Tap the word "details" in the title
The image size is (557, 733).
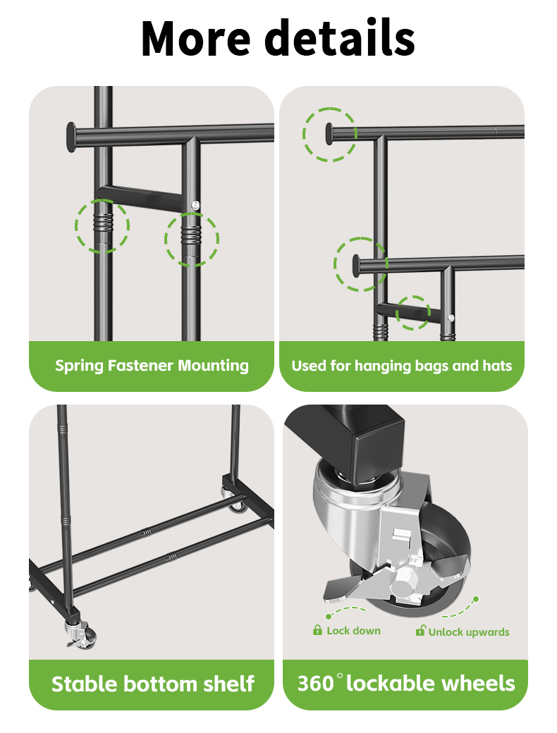(340, 37)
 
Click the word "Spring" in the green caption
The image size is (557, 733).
(79, 366)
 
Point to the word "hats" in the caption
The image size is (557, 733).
(496, 366)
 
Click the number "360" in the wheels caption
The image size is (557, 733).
(315, 684)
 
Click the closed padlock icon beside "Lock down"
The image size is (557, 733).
(317, 630)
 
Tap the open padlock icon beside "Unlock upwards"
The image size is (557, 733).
(420, 631)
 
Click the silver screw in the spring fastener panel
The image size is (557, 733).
(195, 205)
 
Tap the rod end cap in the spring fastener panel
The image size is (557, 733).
(71, 137)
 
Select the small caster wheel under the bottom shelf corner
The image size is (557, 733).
(83, 636)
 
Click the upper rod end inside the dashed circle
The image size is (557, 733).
(329, 134)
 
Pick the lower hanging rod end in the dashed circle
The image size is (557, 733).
(356, 265)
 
